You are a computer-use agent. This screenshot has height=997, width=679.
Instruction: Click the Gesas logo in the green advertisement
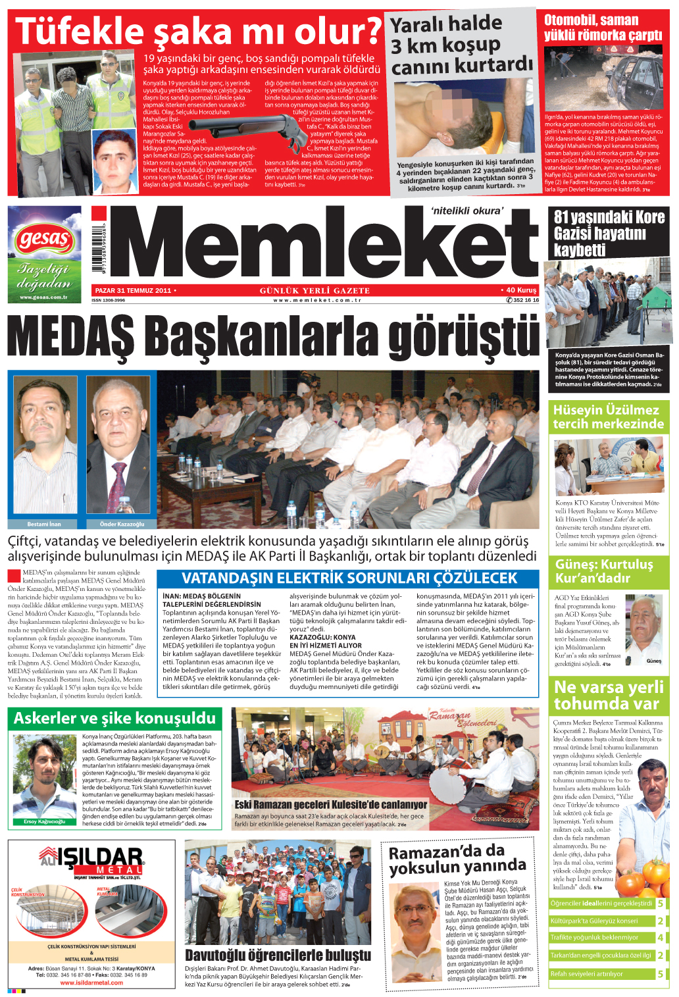coord(45,238)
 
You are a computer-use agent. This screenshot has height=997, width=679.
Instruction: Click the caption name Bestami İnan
coord(44,524)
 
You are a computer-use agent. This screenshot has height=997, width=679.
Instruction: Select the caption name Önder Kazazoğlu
coord(122,524)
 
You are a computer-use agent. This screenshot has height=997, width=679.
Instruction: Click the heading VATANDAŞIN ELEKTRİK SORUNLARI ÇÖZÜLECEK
coord(349,578)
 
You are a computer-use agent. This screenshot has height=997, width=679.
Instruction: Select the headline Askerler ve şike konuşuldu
coord(114,718)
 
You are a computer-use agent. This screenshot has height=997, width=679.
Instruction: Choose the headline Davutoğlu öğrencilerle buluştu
coord(278,955)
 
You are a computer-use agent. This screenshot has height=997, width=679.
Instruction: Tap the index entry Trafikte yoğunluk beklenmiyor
coord(594,938)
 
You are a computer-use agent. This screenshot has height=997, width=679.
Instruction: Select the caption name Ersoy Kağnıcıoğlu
coord(44,822)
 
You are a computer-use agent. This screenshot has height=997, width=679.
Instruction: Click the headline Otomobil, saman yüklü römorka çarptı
coord(603,28)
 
